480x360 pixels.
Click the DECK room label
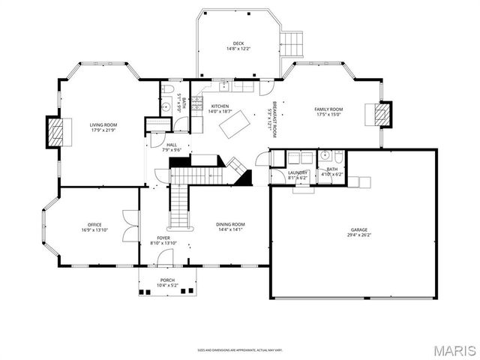coord(238,43)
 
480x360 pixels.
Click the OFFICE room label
coord(94,225)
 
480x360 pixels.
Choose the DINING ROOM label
coord(231,224)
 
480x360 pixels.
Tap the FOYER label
coord(163,237)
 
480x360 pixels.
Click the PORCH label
coord(166,280)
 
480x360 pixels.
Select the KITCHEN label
coord(220,106)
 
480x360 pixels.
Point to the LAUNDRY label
coord(298,172)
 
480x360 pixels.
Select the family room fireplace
coord(382,114)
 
